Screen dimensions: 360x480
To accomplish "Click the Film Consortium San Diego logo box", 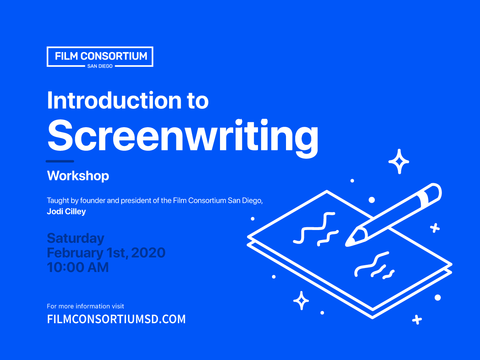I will click(100, 56).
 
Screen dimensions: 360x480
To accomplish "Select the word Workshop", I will click(78, 176).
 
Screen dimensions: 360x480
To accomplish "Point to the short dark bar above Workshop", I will click(60, 161).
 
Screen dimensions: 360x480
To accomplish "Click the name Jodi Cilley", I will click(66, 212).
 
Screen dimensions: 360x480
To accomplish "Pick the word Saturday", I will click(76, 238).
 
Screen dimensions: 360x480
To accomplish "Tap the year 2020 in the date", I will click(148, 253).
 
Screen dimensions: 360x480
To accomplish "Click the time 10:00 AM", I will click(78, 267).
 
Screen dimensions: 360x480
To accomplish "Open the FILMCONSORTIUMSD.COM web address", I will click(116, 319).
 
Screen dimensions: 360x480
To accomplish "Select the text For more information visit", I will click(86, 306).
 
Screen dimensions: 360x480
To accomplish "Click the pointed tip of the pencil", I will click(349, 242).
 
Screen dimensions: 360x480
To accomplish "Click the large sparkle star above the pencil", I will click(399, 161).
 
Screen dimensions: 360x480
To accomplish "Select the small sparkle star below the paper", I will click(301, 301).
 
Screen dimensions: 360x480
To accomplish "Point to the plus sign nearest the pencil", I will click(435, 228).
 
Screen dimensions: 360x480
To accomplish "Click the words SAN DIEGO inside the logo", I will click(100, 66).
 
